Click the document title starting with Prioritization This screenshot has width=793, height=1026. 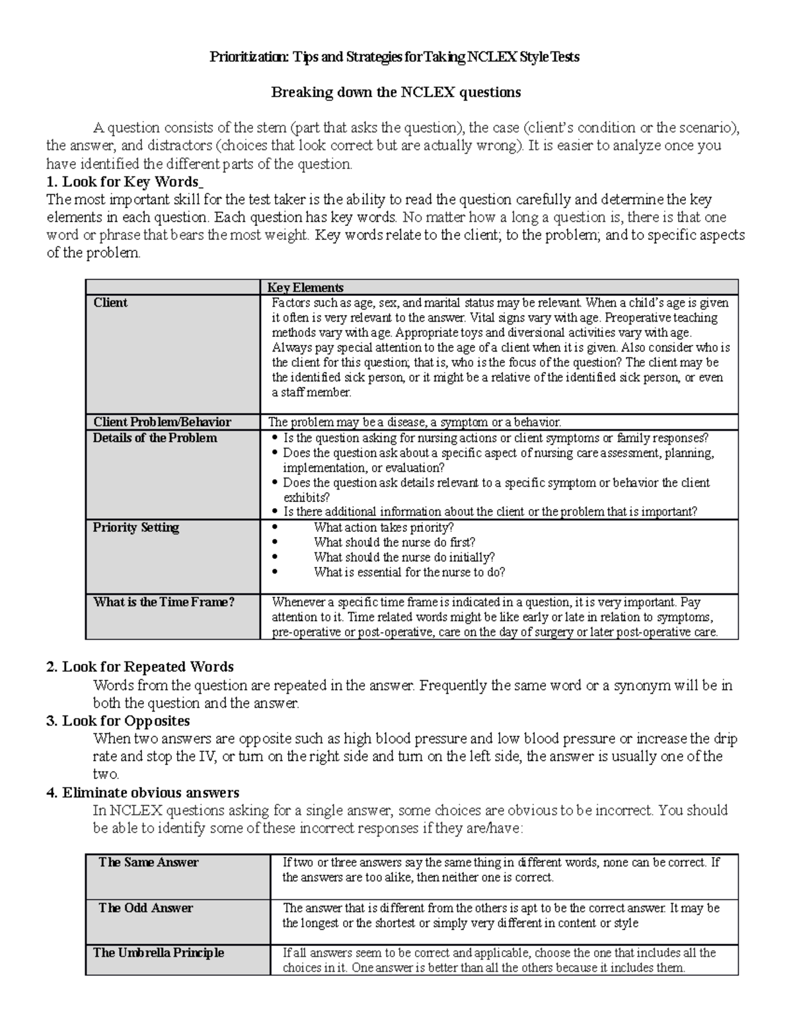[395, 57]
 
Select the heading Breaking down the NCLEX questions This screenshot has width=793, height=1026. [396, 92]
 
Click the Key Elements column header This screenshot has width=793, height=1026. [305, 287]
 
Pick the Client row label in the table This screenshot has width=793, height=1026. [110, 303]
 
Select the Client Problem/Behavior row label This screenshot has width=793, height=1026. [162, 422]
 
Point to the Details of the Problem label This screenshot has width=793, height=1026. [155, 438]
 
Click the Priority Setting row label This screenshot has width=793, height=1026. [135, 527]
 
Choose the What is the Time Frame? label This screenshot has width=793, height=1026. [164, 602]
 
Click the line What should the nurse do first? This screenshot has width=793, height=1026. [395, 542]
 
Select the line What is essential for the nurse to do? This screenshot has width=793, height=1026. [409, 572]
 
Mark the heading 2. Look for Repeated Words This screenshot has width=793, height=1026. [140, 667]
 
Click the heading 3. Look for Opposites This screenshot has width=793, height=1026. [118, 721]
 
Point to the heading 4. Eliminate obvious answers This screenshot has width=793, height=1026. [143, 792]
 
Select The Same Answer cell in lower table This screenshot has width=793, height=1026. [148, 862]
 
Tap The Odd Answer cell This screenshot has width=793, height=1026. [145, 908]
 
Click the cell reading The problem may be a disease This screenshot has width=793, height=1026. [414, 422]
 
